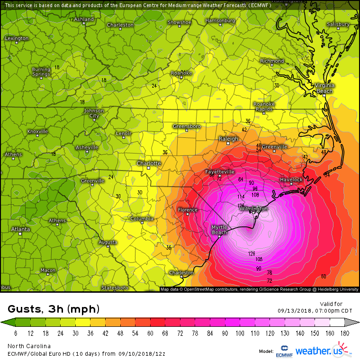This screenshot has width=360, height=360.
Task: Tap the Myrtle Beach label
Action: pyautogui.click(x=219, y=230)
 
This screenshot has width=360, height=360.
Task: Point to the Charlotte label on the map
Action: pyautogui.click(x=149, y=163)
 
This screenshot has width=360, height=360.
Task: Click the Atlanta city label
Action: pyautogui.click(x=20, y=229)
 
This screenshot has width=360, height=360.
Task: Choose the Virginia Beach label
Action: pyautogui.click(x=324, y=88)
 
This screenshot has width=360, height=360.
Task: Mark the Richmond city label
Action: pyautogui.click(x=272, y=61)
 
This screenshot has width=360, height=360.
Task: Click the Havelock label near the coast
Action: pyautogui.click(x=291, y=180)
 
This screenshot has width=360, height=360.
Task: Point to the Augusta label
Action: pyautogui.click(x=108, y=242)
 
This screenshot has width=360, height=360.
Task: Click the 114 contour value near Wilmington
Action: pyautogui.click(x=241, y=197)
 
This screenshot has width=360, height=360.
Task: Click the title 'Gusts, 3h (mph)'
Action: pyautogui.click(x=54, y=309)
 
